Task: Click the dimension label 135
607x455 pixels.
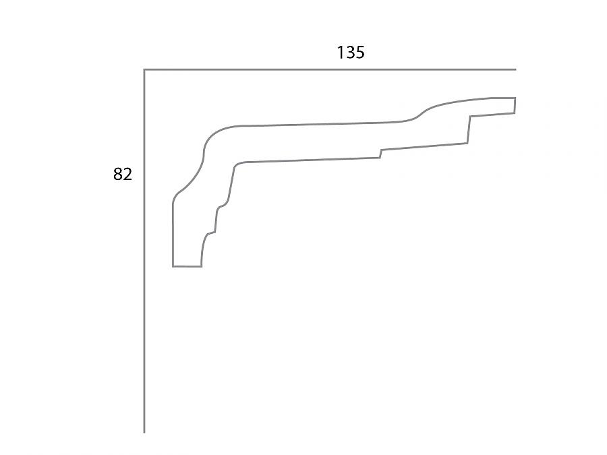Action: pyautogui.click(x=351, y=52)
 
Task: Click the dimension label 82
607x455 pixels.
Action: pyautogui.click(x=123, y=175)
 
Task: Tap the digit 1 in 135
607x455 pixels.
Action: pyautogui.click(x=341, y=52)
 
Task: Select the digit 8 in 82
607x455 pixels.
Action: pyautogui.click(x=118, y=175)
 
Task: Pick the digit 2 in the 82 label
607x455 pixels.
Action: pyautogui.click(x=127, y=175)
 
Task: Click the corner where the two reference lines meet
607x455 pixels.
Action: pyautogui.click(x=144, y=69)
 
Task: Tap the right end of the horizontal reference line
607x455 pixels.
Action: pyautogui.click(x=515, y=69)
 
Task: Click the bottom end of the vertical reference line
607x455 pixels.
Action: pyautogui.click(x=144, y=431)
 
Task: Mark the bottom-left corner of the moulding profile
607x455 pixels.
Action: pyautogui.click(x=173, y=266)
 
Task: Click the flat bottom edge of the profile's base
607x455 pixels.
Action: pyautogui.click(x=187, y=266)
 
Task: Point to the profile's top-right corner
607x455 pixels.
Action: pyautogui.click(x=515, y=98)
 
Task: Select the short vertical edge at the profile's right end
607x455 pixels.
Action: pyautogui.click(x=515, y=105)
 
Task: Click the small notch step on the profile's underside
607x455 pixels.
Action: pyautogui.click(x=380, y=154)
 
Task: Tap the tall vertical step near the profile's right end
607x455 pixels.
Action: pyautogui.click(x=469, y=129)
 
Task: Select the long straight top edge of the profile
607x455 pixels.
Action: pyautogui.click(x=317, y=124)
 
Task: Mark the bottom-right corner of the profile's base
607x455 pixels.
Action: pyautogui.click(x=201, y=266)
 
